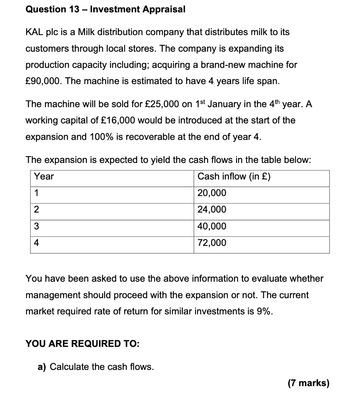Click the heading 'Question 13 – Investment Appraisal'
106,10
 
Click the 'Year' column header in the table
44,177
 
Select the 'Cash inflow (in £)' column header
234,177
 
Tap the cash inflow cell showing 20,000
212,193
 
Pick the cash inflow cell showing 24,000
212,210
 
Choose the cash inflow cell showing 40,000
212,226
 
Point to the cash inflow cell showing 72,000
212,243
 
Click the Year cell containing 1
36,193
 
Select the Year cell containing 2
36,210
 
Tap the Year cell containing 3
36,226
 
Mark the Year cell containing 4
36,243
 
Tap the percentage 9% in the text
264,312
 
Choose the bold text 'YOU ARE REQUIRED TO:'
82,343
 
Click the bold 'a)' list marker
42,367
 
